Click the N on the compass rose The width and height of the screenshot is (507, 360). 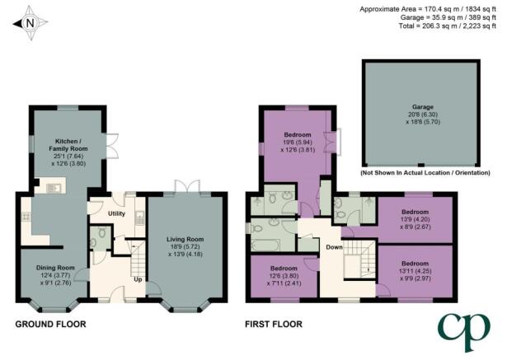point(30,23)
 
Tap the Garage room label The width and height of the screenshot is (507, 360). point(423,107)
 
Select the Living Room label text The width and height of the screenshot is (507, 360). point(185,240)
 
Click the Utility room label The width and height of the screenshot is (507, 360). point(116,213)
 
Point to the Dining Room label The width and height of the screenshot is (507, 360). point(55,268)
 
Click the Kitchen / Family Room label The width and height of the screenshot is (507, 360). point(68,145)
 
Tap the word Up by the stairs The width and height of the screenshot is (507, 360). point(138,279)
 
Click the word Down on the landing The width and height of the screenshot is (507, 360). point(334,247)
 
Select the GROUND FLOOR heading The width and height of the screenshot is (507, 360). point(51,324)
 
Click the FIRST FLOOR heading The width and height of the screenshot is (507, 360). point(274,324)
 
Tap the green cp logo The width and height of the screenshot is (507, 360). point(464,332)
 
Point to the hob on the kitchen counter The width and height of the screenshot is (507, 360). point(26,217)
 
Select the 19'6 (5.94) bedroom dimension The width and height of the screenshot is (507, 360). point(298,143)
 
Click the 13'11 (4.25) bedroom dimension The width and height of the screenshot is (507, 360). point(415,271)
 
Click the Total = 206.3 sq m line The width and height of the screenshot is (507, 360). point(448,26)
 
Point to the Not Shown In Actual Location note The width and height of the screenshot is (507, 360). point(425,173)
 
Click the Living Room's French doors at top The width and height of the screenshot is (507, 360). point(186,187)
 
